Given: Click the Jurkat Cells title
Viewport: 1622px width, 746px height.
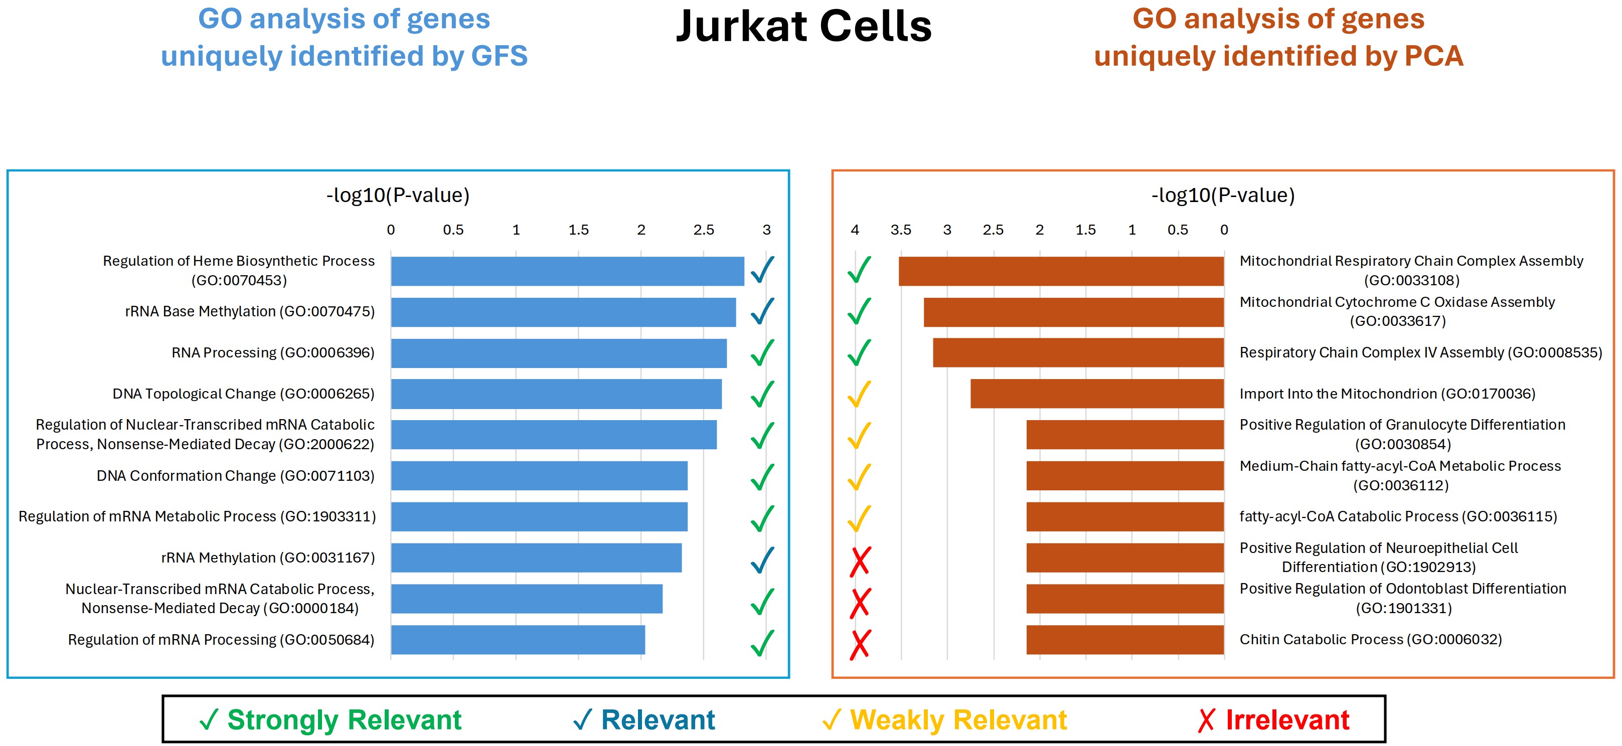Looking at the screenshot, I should click(x=803, y=27).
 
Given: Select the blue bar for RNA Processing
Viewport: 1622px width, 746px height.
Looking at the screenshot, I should click(x=559, y=353).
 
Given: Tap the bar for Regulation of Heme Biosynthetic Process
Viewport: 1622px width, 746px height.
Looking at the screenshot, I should click(x=567, y=271).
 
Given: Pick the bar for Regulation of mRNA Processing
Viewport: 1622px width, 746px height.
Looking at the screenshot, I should click(x=518, y=640).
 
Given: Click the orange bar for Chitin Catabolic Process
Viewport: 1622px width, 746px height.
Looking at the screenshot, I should click(x=1124, y=640).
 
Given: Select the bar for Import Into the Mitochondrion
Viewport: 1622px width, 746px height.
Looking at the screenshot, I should click(x=1097, y=394).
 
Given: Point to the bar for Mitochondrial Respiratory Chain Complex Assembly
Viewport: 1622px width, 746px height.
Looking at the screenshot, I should click(x=1061, y=271).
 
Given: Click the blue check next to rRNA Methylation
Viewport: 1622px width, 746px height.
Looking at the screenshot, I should click(x=762, y=559).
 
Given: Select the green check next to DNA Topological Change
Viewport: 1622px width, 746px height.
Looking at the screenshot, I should click(x=762, y=395).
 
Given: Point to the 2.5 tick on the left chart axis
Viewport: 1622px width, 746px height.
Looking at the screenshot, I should click(x=703, y=230).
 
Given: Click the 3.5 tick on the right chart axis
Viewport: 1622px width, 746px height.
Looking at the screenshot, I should click(x=900, y=230).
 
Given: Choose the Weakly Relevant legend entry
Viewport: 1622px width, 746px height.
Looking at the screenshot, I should click(x=944, y=719).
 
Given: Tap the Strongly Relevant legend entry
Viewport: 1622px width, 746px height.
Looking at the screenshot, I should click(x=331, y=719).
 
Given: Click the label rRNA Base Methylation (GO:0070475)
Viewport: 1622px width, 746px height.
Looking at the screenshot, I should click(x=249, y=312).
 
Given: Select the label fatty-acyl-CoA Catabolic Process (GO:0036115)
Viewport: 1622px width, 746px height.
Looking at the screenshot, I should click(x=1398, y=517).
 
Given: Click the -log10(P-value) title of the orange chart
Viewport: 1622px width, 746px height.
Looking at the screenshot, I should click(x=1223, y=195).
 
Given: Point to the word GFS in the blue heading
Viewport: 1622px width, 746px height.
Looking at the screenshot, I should click(x=500, y=56).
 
